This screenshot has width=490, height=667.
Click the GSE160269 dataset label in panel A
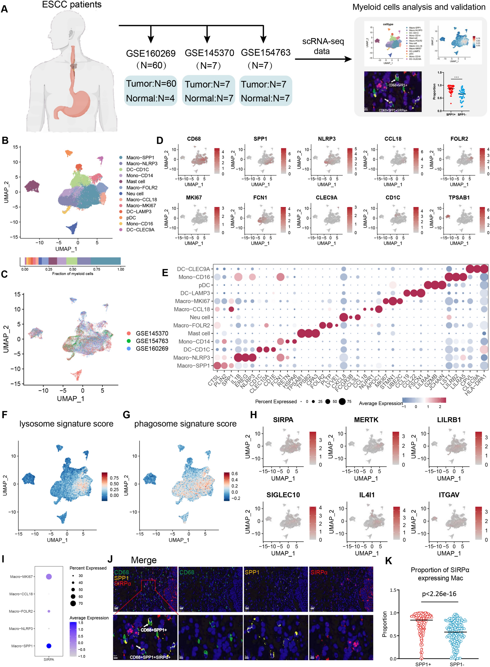[151, 53]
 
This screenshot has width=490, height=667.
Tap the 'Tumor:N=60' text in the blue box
[151, 84]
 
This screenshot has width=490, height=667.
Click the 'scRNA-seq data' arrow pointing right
[323, 59]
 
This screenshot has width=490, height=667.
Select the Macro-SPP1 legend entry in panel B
[140, 157]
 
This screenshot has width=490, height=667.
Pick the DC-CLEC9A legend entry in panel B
[140, 230]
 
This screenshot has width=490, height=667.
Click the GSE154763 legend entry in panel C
[152, 341]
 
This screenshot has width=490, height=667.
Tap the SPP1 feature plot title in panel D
[260, 139]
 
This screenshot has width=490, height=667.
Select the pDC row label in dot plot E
[204, 285]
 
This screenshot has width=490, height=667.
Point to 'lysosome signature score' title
[67, 424]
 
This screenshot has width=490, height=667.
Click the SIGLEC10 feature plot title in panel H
[283, 495]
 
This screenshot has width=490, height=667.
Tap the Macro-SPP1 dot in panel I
[49, 646]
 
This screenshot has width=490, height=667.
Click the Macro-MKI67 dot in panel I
[49, 577]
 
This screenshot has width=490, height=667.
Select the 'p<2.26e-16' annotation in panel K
[439, 594]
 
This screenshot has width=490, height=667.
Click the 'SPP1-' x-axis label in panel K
[457, 664]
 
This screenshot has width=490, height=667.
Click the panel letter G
[126, 415]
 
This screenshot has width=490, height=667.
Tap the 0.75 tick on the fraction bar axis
[97, 269]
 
